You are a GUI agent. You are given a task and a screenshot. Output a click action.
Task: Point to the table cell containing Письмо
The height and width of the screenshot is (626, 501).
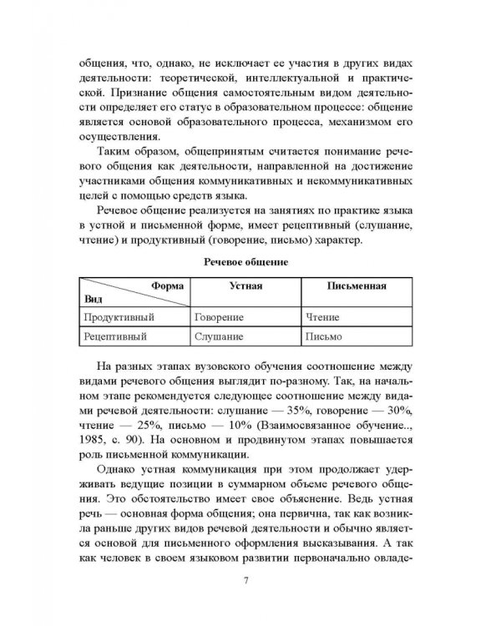(326, 337)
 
